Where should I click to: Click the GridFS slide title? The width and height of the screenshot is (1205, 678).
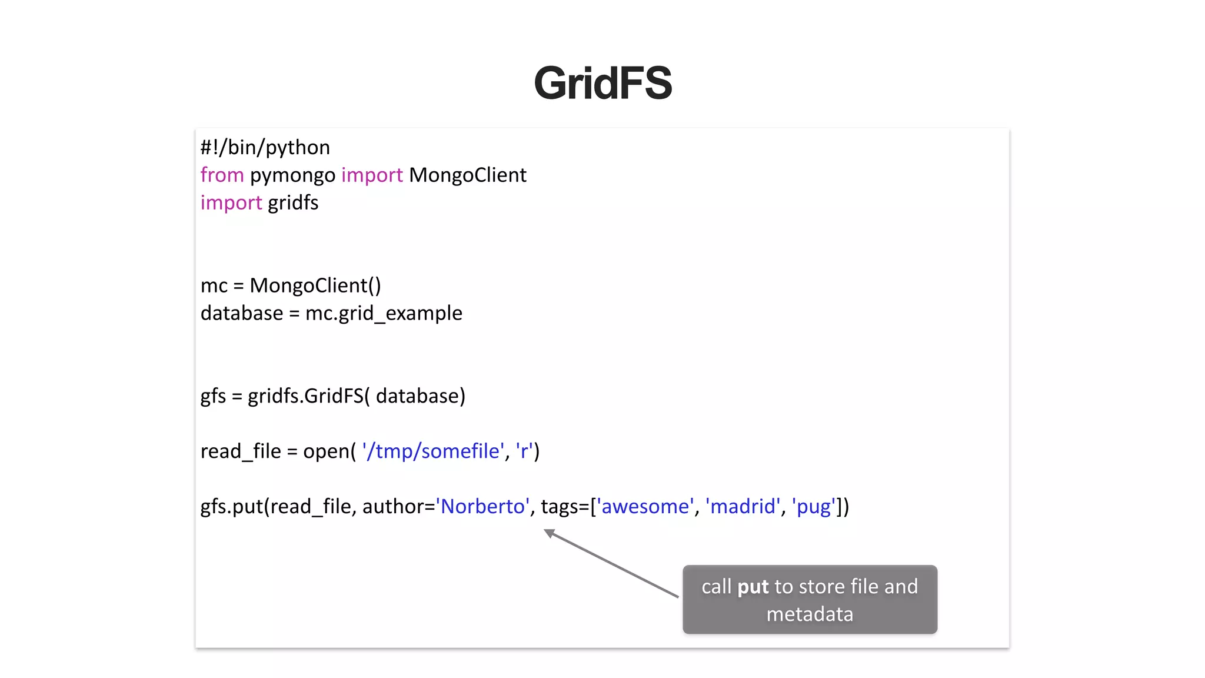click(x=602, y=83)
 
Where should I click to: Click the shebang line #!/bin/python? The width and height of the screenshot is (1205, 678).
click(x=265, y=147)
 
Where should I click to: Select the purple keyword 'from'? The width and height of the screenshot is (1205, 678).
click(x=222, y=175)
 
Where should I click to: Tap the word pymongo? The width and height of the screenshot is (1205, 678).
click(x=292, y=175)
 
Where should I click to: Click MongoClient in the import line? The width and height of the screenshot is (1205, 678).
click(x=467, y=175)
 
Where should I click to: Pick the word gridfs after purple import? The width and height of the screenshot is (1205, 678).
click(x=293, y=203)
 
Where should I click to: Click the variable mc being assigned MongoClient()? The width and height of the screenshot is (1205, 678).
click(x=214, y=286)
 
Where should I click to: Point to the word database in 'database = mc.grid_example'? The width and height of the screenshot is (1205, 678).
click(x=241, y=313)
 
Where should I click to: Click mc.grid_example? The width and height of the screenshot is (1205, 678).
click(x=383, y=314)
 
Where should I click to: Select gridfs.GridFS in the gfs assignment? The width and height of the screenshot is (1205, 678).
click(x=305, y=396)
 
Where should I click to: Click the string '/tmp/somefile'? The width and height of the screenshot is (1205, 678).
click(x=433, y=451)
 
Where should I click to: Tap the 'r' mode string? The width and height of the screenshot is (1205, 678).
click(x=524, y=451)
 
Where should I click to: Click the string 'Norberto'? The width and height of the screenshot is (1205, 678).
click(x=482, y=507)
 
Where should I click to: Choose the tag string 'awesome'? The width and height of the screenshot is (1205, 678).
click(x=645, y=507)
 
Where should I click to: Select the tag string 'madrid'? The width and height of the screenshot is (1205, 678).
click(x=743, y=507)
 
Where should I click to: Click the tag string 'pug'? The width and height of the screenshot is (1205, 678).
click(x=814, y=507)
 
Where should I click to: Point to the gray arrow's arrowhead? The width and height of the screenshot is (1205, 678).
click(x=548, y=533)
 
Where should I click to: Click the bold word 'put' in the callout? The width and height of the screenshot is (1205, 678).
click(x=753, y=587)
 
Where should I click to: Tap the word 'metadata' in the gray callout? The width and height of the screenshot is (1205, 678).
click(x=810, y=614)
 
